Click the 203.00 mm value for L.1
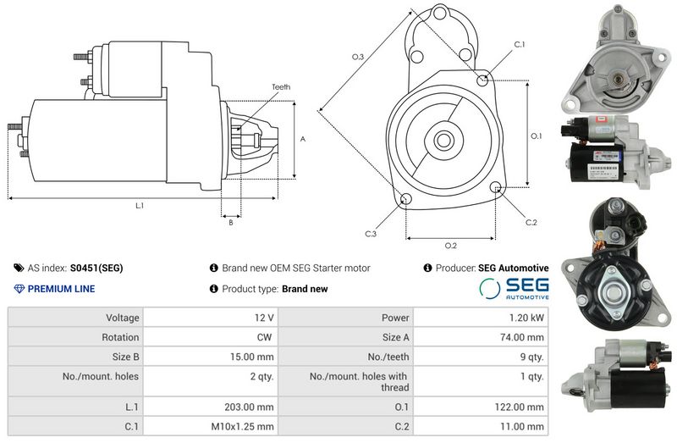coord(249,407)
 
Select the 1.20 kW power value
coord(526,318)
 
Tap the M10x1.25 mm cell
coord(242,427)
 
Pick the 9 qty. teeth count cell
coord(532,357)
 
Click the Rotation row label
coord(120,337)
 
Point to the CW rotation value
coord(264,337)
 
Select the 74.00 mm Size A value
coord(522,337)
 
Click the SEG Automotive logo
coord(514,288)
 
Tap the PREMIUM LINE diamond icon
coord(19,289)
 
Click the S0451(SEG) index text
coord(96,268)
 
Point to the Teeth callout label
coord(281,87)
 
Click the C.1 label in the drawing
coord(520,45)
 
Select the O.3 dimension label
coord(358,57)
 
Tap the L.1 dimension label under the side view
coord(140,206)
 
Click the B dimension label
coord(231,223)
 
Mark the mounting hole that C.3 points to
coord(405,199)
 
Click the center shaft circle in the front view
coord(443,141)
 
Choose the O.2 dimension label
coord(451,246)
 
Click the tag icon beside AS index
coord(19,268)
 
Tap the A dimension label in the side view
coord(303,139)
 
